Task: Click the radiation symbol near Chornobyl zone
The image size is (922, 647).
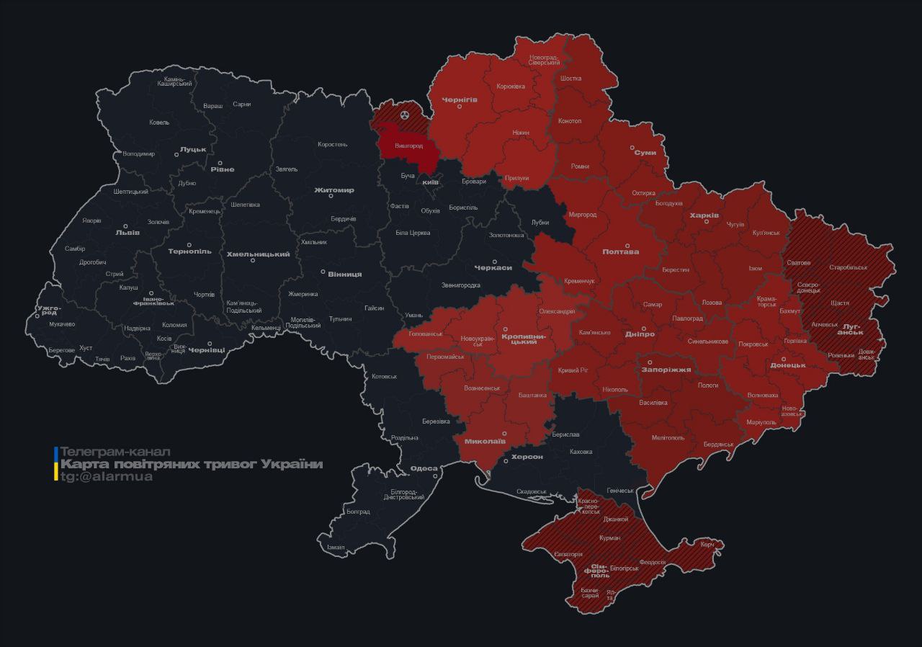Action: click(x=405, y=115)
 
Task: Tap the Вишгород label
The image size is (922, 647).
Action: click(x=408, y=146)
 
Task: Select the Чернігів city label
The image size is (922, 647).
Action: click(x=460, y=99)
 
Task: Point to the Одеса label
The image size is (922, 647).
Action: click(x=424, y=468)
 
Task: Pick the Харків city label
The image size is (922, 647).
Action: click(x=704, y=215)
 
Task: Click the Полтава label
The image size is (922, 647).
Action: click(x=620, y=251)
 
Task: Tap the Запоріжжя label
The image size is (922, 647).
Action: click(x=666, y=370)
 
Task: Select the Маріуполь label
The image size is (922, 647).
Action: click(x=761, y=422)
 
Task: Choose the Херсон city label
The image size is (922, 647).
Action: click(x=527, y=457)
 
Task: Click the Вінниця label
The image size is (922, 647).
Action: click(x=344, y=275)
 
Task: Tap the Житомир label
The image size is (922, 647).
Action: click(x=334, y=190)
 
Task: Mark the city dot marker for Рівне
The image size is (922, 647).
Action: click(x=220, y=163)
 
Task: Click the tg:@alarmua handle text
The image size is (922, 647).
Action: click(x=106, y=476)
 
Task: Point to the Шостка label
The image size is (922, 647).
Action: click(x=570, y=79)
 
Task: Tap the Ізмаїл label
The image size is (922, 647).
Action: click(x=336, y=548)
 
